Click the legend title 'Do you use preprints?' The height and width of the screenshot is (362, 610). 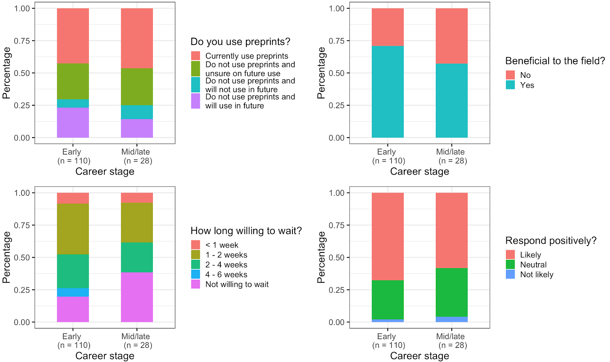(x=240, y=42)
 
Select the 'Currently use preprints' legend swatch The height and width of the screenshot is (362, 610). (x=196, y=56)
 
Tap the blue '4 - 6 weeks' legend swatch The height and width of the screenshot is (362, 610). (x=196, y=274)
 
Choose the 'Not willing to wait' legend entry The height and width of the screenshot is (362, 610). (x=237, y=284)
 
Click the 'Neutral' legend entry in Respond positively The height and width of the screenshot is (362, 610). (x=533, y=265)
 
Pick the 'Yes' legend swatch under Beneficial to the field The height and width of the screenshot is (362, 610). (x=510, y=85)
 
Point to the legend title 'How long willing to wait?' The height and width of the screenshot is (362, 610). (x=246, y=231)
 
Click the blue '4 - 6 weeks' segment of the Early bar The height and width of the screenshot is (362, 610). (x=73, y=292)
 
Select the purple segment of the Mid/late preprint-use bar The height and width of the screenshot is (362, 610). (x=137, y=128)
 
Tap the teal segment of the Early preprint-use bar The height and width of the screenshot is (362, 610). (x=73, y=103)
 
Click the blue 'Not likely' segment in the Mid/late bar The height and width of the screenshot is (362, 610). (x=451, y=319)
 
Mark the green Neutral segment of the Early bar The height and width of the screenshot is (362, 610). (x=387, y=300)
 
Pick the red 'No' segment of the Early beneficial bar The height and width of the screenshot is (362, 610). (x=387, y=27)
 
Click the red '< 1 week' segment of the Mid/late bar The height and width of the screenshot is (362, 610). (x=137, y=198)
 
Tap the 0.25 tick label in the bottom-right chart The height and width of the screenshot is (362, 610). (x=337, y=290)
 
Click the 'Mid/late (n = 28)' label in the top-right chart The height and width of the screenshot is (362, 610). (x=451, y=156)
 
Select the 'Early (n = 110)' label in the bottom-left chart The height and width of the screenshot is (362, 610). (x=73, y=341)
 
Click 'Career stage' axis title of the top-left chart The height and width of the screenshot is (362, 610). (x=105, y=172)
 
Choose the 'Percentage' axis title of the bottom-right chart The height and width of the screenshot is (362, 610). (x=321, y=257)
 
